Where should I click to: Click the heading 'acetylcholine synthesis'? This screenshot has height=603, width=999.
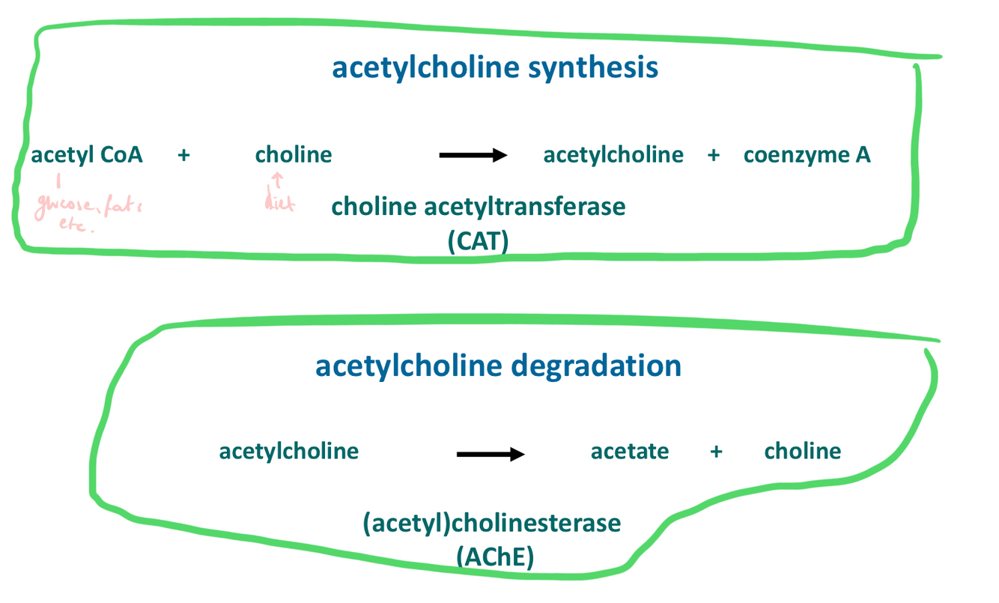[x=495, y=67]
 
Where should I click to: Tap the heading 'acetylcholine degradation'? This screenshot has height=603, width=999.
[x=498, y=366]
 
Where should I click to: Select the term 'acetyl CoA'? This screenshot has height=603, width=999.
[x=87, y=155]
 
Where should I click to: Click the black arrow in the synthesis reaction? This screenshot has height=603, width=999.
[x=473, y=155]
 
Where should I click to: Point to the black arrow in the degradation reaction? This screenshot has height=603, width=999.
[x=491, y=454]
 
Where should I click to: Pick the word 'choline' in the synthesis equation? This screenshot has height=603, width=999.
[x=294, y=155]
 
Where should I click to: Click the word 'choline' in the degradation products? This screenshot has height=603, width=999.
[x=802, y=451]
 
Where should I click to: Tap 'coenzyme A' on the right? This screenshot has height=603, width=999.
[x=807, y=155]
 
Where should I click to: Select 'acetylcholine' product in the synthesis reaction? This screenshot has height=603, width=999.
[x=613, y=155]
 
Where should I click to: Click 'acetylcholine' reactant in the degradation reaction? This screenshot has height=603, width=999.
[x=288, y=451]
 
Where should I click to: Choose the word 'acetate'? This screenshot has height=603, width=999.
[x=630, y=451]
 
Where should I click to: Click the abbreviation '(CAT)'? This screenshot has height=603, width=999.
[x=479, y=242]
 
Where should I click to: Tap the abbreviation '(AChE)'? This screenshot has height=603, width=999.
[x=494, y=557]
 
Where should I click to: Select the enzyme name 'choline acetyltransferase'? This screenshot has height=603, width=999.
[x=478, y=206]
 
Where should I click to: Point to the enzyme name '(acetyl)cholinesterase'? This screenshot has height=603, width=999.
[x=492, y=522]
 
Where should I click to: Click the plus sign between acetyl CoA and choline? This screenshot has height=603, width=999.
[x=184, y=155]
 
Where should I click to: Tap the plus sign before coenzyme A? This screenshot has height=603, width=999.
[x=713, y=155]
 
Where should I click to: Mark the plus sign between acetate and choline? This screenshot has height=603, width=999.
[x=717, y=452]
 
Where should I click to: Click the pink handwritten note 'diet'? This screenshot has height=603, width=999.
[x=279, y=201]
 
